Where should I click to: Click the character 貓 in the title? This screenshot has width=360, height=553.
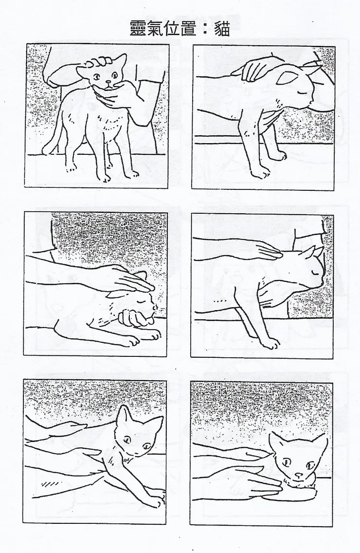point(222,28)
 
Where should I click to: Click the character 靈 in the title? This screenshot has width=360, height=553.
point(139,28)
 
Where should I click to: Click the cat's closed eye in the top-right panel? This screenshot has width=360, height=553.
point(301,92)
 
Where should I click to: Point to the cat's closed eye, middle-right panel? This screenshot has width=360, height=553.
point(314,273)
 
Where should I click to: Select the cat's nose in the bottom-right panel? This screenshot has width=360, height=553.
point(299,474)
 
